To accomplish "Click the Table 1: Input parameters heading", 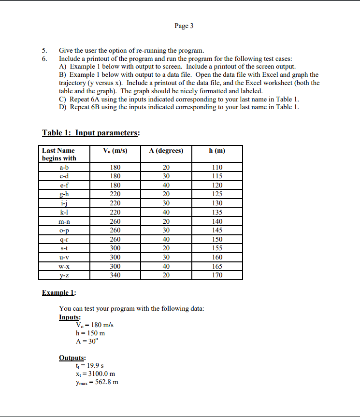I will pos(91,132).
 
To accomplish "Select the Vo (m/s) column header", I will pos(115,151).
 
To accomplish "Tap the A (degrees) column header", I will pos(166,151).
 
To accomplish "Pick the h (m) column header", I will pos(217,151).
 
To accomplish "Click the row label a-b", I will pos(64,167).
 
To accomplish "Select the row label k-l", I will pos(64,212).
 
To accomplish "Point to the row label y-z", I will pos(64,275).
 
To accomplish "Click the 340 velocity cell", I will pos(115,275).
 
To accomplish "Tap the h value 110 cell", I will pos(217,167).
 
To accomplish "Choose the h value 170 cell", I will pos(217,275).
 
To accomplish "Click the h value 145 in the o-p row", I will pos(217,230).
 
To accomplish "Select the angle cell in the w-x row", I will pos(166,266).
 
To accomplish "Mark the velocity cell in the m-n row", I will pos(115,221).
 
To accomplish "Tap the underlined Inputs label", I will pos(70,317).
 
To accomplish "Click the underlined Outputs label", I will pos(72,358).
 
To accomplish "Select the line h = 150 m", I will pos(90,333).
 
